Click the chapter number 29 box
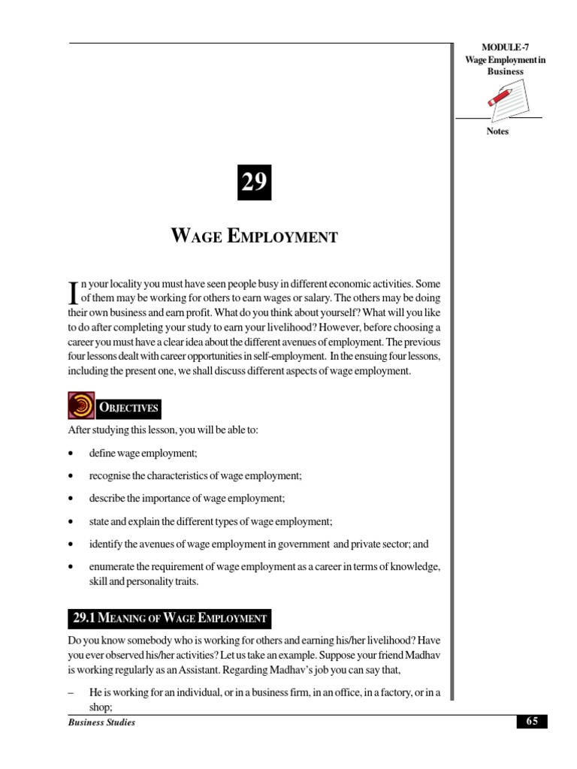[x=255, y=182]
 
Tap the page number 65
[x=532, y=722]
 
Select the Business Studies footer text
[x=101, y=722]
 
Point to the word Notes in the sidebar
[x=497, y=131]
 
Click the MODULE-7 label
[x=497, y=48]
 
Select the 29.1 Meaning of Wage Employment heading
[x=170, y=619]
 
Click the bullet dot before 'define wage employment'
[x=70, y=454]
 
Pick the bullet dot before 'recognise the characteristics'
[x=70, y=477]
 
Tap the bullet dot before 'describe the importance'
[x=70, y=499]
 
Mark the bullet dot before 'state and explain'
[x=70, y=521]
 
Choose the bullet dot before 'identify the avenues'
[x=70, y=544]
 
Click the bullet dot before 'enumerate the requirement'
[x=70, y=566]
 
